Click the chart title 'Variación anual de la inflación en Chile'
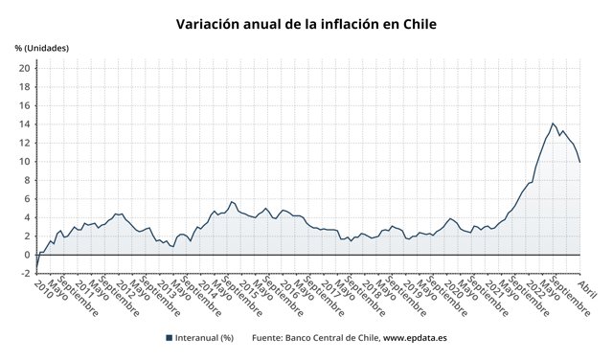pyautogui.click(x=306, y=22)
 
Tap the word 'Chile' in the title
pyautogui.click(x=417, y=22)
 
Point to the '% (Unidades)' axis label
pyautogui.click(x=42, y=48)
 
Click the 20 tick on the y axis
pyautogui.click(x=24, y=68)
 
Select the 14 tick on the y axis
pyautogui.click(x=24, y=124)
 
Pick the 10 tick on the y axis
pyautogui.click(x=24, y=161)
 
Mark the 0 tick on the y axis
pyautogui.click(x=27, y=255)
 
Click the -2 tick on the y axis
pyautogui.click(x=24, y=273)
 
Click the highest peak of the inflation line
pyautogui.click(x=553, y=124)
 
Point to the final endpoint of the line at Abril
pyautogui.click(x=580, y=162)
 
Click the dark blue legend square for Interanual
pyautogui.click(x=169, y=338)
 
